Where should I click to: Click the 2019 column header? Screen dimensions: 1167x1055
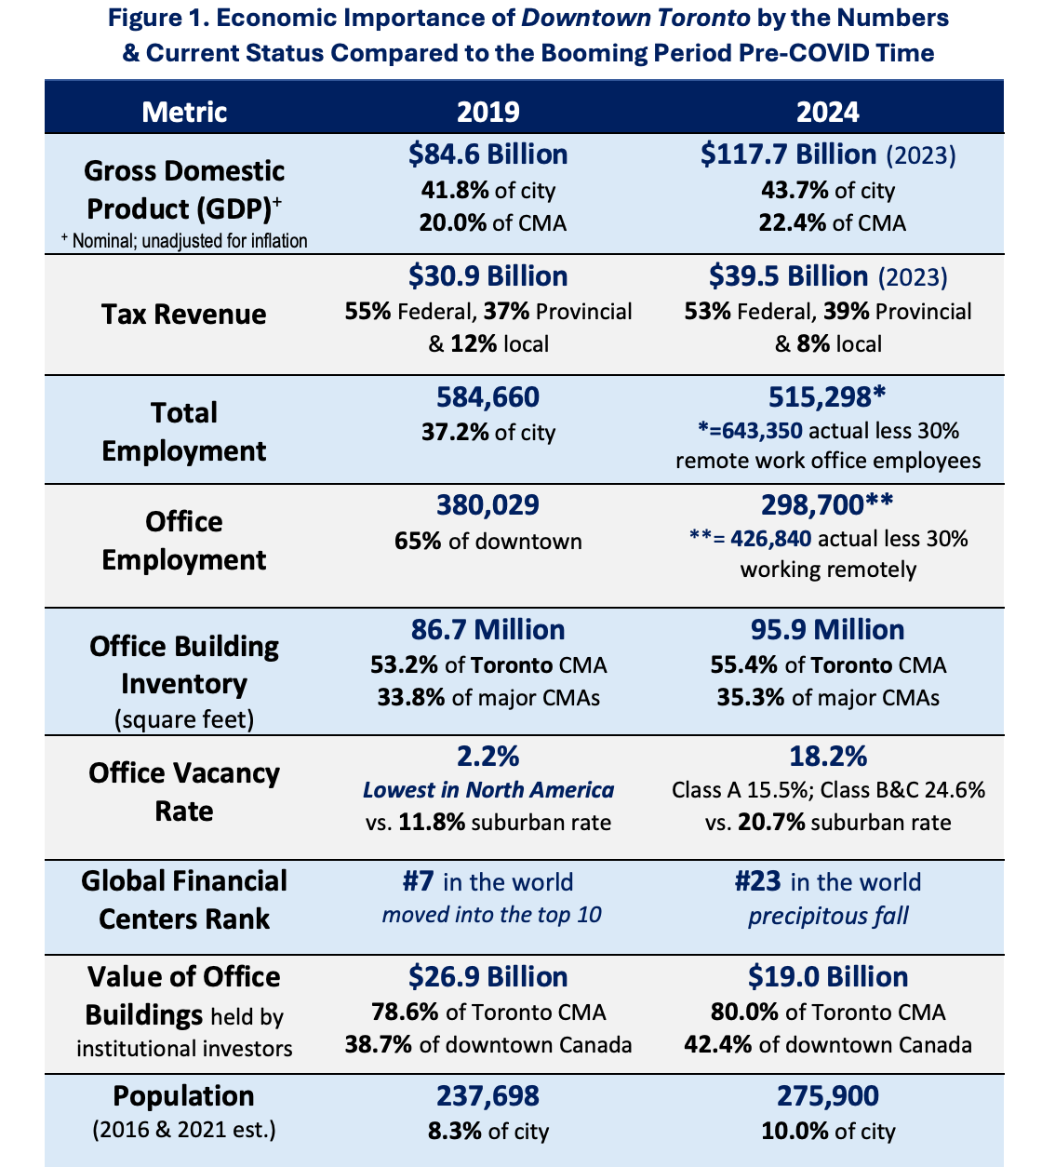coord(487,112)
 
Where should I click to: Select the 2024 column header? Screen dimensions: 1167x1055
coord(827,112)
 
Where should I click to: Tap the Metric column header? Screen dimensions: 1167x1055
coord(184,112)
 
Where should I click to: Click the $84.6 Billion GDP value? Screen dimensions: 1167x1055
coord(487,154)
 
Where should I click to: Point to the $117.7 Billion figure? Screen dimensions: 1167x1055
coord(789,154)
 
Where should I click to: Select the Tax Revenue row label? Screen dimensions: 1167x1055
coord(184,314)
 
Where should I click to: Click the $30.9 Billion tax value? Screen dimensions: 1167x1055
coord(487,276)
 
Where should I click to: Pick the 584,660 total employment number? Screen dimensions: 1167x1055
coord(487,397)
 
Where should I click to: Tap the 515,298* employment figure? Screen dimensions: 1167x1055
coord(827,397)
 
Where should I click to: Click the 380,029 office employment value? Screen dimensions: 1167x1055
coord(487,505)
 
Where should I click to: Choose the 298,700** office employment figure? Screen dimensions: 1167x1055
coord(827,505)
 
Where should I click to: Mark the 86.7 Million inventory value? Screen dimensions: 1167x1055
coord(487,630)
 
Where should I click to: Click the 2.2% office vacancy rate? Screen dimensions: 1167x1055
coord(487,755)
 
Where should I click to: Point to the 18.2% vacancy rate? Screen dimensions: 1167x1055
coord(827,755)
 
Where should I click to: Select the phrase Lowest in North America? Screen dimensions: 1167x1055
coord(487,790)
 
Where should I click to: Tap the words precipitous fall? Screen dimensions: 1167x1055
coord(827,916)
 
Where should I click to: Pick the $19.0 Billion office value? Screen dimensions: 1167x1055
coord(827,977)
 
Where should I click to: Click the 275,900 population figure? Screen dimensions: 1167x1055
coord(827,1095)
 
